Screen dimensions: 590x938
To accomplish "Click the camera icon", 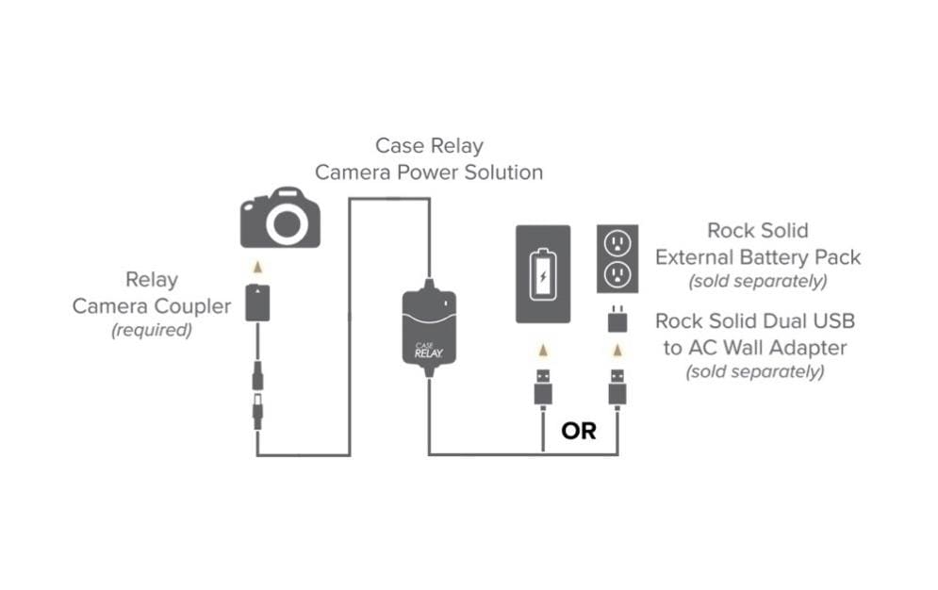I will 280,219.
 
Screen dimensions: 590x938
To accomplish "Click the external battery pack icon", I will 543,274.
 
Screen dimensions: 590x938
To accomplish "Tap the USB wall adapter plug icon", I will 617,321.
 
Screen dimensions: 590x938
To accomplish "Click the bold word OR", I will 579,431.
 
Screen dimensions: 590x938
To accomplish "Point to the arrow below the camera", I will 257,268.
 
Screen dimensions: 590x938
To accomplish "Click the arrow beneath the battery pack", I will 543,351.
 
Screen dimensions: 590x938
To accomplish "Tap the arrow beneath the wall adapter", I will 617,351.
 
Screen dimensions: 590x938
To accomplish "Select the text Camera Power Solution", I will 429,172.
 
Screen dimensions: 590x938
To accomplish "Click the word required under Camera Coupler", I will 151,330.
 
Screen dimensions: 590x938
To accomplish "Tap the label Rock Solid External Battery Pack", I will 758,243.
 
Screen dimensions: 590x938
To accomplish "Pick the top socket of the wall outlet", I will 617,243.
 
